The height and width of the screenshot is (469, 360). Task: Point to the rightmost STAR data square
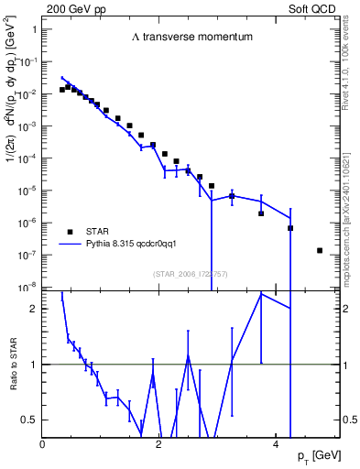point(320,250)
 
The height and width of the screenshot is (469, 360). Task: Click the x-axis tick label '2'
point(159,444)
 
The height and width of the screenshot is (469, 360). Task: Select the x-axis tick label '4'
point(277,444)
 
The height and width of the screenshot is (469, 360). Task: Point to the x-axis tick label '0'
point(43,444)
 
